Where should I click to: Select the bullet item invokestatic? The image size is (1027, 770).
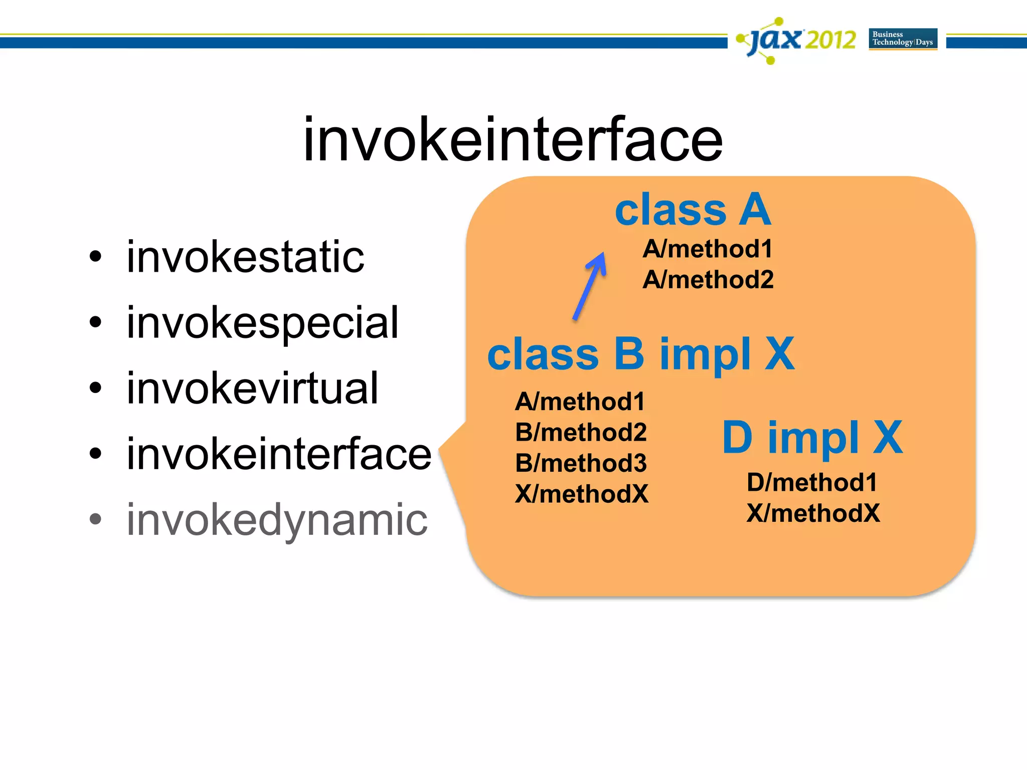pos(245,257)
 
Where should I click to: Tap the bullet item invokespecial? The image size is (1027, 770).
pos(262,323)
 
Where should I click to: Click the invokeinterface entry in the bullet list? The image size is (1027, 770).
pos(279,454)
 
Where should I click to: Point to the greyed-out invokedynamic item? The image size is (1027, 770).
pos(277,520)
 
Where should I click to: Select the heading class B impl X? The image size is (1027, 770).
pos(640,354)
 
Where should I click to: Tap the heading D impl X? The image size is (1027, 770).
pos(812,437)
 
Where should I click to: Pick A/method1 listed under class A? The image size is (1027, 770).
pos(708,249)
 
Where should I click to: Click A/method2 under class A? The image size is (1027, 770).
pos(708,279)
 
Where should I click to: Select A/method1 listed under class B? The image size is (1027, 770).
pos(580,402)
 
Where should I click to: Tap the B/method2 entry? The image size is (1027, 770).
pos(581,432)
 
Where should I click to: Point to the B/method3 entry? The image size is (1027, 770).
pos(581,463)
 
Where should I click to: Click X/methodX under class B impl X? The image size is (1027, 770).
pos(582,494)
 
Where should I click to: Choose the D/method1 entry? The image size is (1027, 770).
pos(812,482)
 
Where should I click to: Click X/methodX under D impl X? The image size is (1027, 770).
pos(813,513)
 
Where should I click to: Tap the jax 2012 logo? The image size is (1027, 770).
pos(796,40)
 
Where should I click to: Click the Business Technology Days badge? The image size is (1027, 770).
pos(903,39)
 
